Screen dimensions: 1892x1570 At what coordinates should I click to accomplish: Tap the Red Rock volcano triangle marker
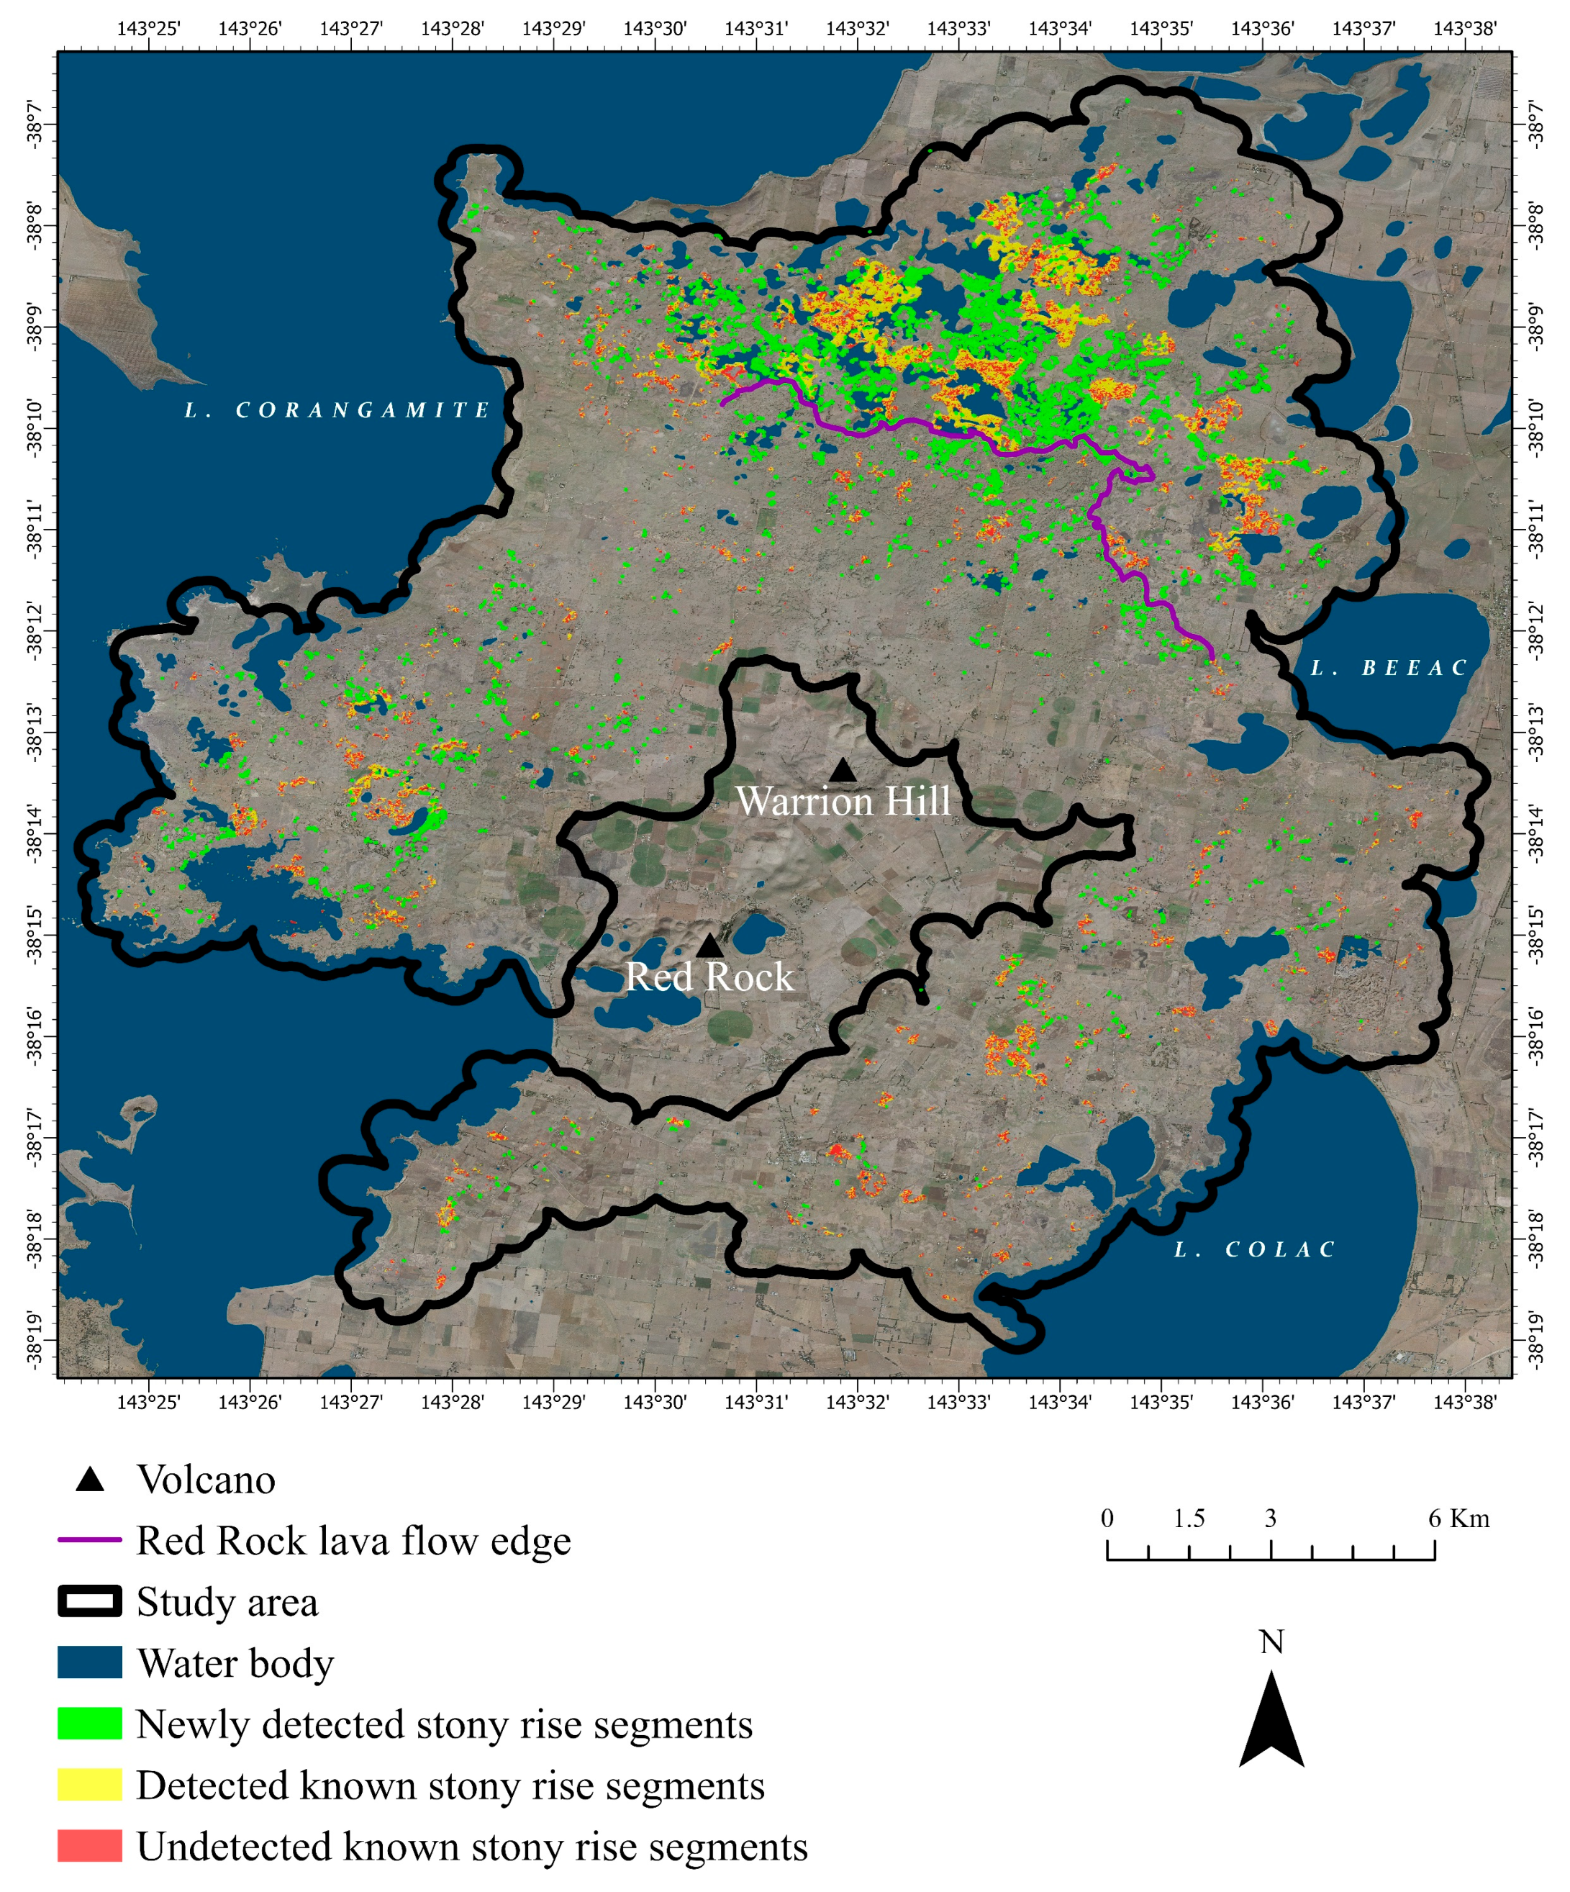[x=709, y=946]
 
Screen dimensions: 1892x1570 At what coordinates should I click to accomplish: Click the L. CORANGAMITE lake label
[x=337, y=411]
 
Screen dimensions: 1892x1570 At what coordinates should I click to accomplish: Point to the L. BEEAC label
[x=1388, y=669]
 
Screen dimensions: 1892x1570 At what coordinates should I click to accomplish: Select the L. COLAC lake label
[x=1254, y=1249]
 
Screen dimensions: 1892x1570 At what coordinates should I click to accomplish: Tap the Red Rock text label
[x=709, y=977]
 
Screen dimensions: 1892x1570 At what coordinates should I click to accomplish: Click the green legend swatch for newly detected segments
[x=89, y=1724]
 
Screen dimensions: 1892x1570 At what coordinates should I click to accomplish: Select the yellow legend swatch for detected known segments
[x=89, y=1785]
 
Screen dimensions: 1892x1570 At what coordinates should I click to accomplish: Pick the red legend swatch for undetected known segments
[x=89, y=1845]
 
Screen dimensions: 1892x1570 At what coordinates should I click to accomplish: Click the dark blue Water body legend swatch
[x=89, y=1662]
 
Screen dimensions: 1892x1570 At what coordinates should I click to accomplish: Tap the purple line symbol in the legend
[x=89, y=1541]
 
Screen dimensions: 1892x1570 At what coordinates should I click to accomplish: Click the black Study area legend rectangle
[x=89, y=1602]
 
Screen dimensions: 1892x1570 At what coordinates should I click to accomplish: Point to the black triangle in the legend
[x=89, y=1480]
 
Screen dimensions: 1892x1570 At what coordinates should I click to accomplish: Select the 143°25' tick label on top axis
[x=149, y=28]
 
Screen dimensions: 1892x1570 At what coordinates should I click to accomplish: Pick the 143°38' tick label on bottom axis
[x=1465, y=1402]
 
